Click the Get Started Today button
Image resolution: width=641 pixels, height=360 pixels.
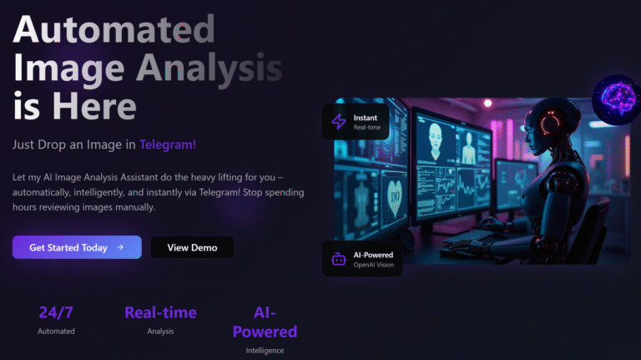77,247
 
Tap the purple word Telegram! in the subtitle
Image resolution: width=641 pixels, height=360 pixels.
168,145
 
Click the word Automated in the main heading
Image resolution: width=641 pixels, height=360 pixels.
114,29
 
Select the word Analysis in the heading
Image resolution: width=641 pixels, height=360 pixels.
209,68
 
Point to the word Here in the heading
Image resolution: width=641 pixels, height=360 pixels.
94,106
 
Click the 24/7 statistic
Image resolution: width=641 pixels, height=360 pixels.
56,312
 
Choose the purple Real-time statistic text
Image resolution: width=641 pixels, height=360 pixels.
160,312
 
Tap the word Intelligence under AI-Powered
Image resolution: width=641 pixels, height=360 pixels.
265,351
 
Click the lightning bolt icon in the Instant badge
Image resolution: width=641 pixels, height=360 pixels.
339,121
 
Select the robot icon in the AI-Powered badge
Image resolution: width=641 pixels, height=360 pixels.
339,259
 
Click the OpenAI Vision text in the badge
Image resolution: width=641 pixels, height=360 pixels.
374,265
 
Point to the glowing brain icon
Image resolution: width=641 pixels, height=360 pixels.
618,99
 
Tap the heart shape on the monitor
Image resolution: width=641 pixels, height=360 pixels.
394,199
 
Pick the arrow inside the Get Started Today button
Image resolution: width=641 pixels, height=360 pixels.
120,247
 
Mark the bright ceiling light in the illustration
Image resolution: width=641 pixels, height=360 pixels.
487,103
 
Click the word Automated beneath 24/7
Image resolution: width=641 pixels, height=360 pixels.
56,332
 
